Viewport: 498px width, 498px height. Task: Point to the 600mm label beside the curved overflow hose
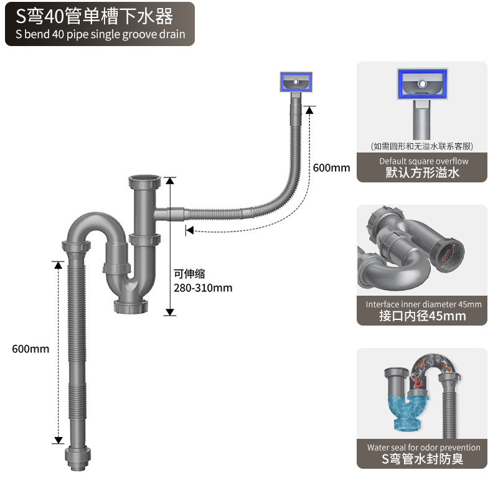(x=331, y=167)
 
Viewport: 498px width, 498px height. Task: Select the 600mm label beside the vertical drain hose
(x=31, y=349)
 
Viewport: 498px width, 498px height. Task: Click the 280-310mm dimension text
(x=202, y=288)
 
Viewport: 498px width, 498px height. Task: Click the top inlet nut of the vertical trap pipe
(x=145, y=184)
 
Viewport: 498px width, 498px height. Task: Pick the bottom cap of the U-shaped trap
(x=132, y=306)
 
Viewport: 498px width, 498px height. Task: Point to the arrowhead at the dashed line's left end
(x=189, y=231)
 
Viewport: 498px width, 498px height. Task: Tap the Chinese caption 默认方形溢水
(x=423, y=172)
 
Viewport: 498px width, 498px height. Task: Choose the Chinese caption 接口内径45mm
(x=423, y=316)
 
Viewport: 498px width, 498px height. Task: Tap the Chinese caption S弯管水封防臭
(x=423, y=459)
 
